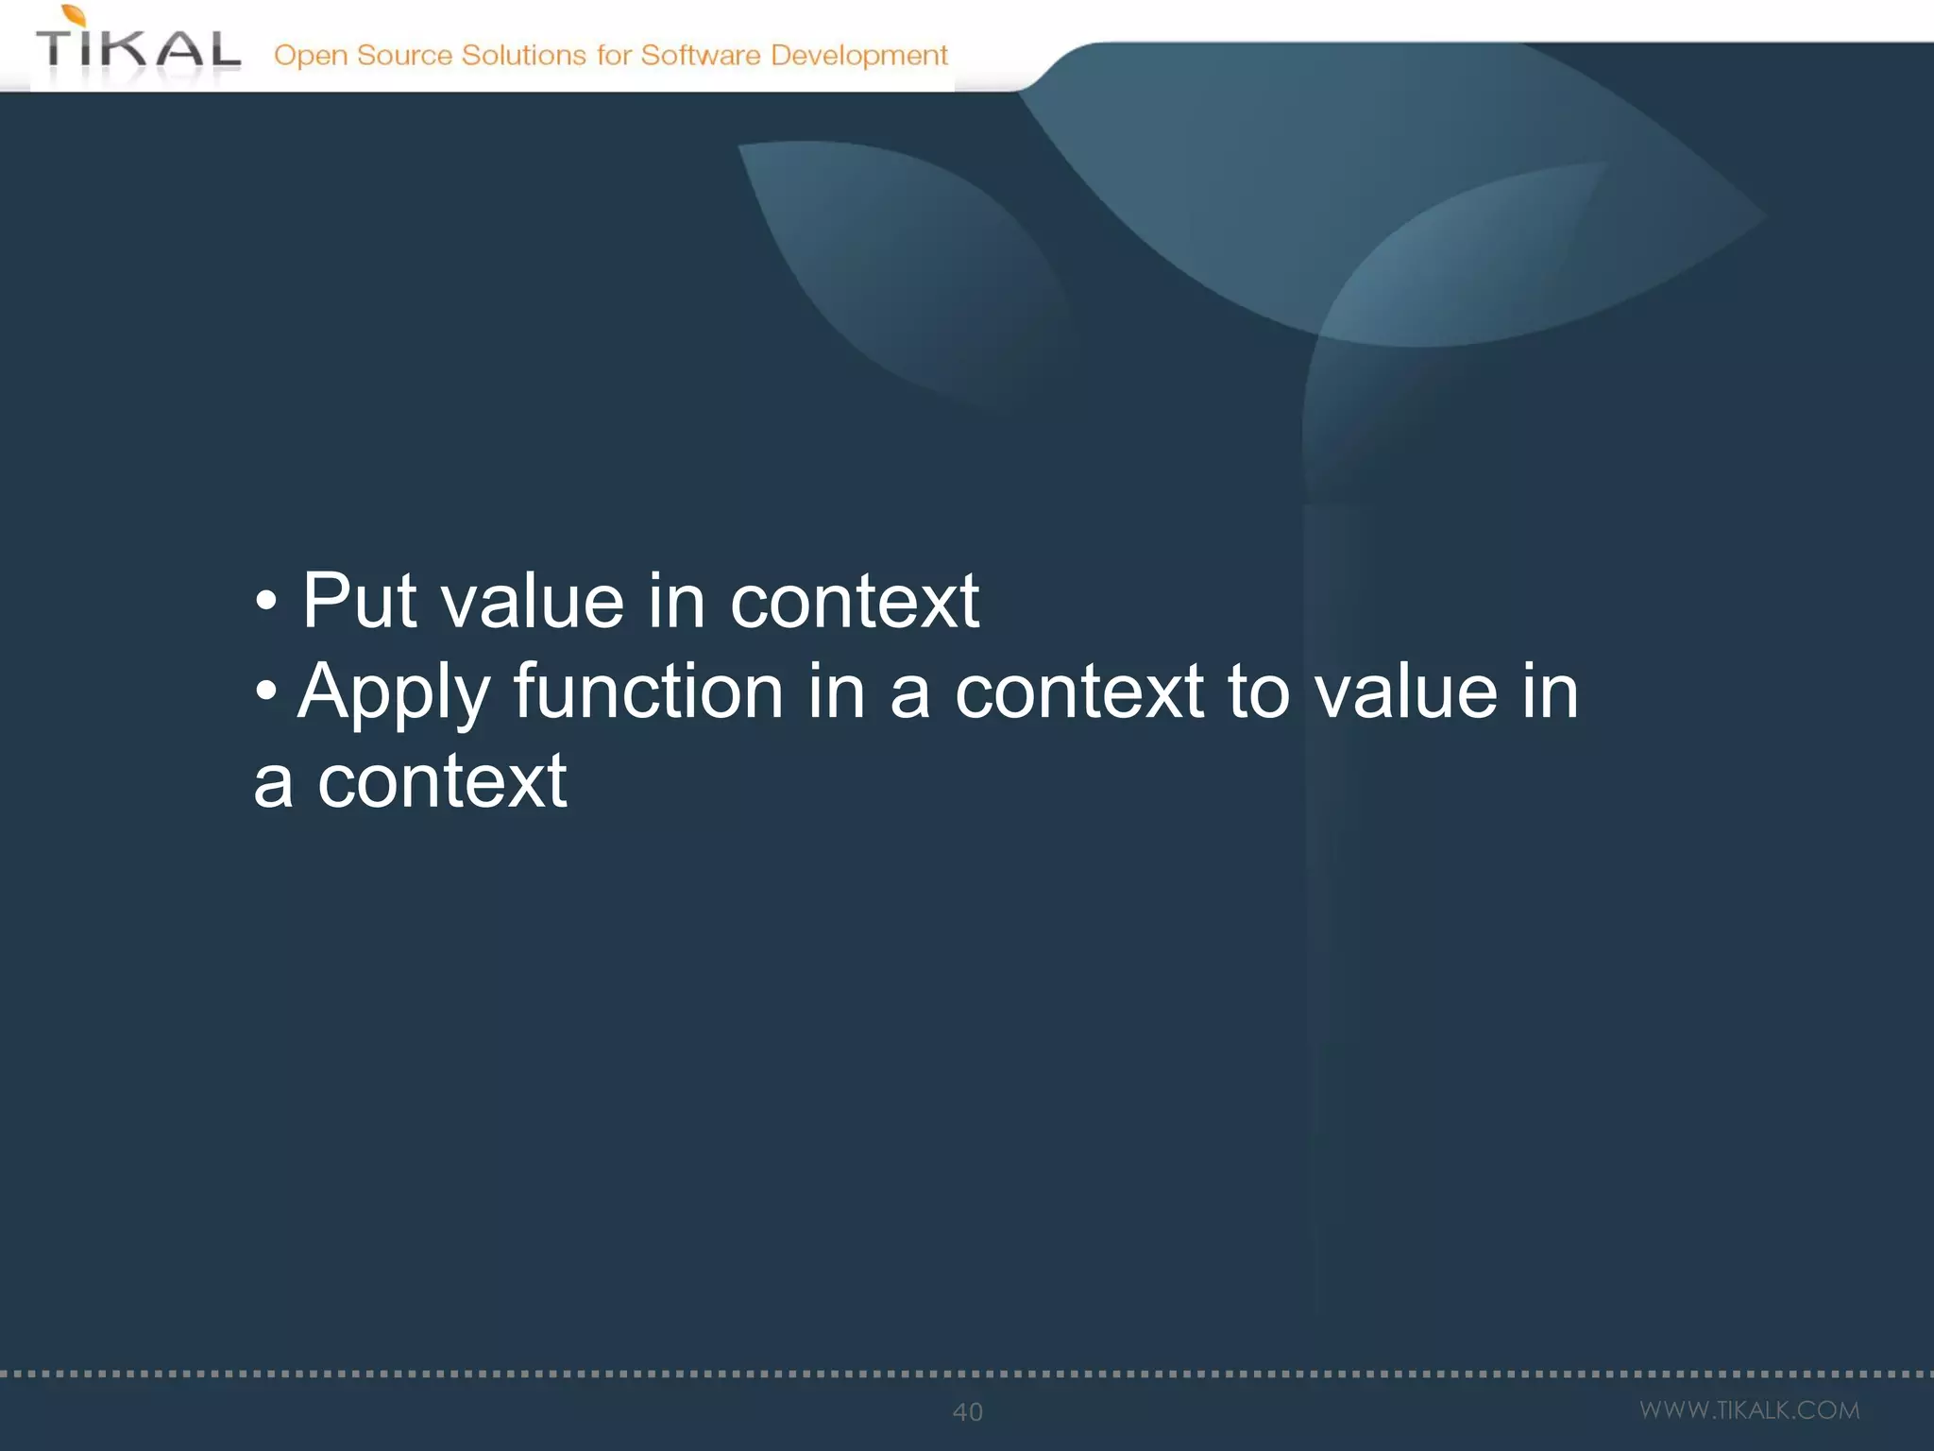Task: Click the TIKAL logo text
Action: coord(138,49)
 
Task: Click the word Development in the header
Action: coord(858,56)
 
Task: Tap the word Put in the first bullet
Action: coord(359,601)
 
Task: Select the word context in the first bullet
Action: coord(854,601)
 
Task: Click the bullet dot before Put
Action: coord(266,602)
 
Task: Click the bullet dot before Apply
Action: coord(266,691)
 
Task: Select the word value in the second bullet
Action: coord(1405,691)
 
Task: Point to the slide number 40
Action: coord(967,1412)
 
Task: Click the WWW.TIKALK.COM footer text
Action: coord(1749,1410)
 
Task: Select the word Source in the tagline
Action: coord(404,55)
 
